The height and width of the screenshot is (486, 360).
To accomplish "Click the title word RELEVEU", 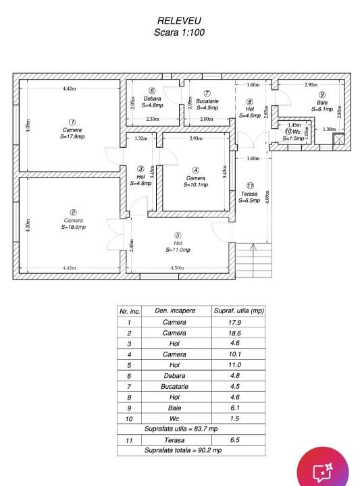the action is pos(179,20).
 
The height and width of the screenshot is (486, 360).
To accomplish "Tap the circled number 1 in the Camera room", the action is pos(72,122).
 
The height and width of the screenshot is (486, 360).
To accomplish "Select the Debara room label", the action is pos(152,99).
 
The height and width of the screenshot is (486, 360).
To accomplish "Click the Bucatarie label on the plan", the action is pos(207,101).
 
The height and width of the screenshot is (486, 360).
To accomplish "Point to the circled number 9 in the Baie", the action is pos(322,94).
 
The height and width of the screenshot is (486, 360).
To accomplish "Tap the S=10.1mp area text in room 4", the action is pos(196,185).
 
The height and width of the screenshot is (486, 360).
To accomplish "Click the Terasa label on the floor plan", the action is pos(249,194).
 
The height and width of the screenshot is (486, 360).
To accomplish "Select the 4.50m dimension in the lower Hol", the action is pos(178,268).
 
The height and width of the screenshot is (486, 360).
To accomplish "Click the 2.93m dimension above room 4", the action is pos(196,138).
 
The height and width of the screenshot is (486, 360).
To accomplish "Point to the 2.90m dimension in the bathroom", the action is pos(311,84).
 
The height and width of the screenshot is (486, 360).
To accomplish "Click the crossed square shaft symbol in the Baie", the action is pos(338,139).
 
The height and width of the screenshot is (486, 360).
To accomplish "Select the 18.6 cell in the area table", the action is pos(235,333).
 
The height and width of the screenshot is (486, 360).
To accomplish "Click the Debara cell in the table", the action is pos(174,376).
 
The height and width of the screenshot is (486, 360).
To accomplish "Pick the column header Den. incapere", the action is pos(175,310).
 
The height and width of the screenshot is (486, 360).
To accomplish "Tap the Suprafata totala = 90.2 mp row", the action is pos(183,450).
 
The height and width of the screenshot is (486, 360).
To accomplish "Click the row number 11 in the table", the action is pos(129,440).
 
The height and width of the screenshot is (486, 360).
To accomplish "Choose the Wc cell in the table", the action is pos(174,418).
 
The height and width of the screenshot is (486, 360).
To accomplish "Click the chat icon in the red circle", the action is pos(322,473).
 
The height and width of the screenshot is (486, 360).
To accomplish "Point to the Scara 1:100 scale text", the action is pos(179,32).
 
